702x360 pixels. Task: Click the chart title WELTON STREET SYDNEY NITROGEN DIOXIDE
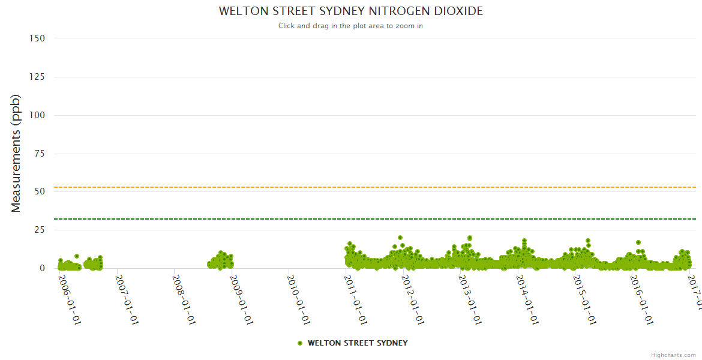pyautogui.click(x=350, y=11)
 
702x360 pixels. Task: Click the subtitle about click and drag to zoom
pyautogui.click(x=350, y=26)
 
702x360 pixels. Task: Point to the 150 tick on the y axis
pyautogui.click(x=37, y=38)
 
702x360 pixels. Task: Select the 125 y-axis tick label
pyautogui.click(x=37, y=77)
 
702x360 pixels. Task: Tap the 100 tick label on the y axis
pyautogui.click(x=37, y=115)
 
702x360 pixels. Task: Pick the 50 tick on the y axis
pyautogui.click(x=40, y=191)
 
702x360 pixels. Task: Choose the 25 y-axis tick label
pyautogui.click(x=40, y=230)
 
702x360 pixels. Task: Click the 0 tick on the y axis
pyautogui.click(x=42, y=268)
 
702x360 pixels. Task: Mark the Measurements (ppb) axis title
pyautogui.click(x=16, y=153)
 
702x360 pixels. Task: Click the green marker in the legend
pyautogui.click(x=300, y=343)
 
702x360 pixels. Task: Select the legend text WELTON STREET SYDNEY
pyautogui.click(x=358, y=343)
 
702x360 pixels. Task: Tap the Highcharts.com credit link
pyautogui.click(x=673, y=355)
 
